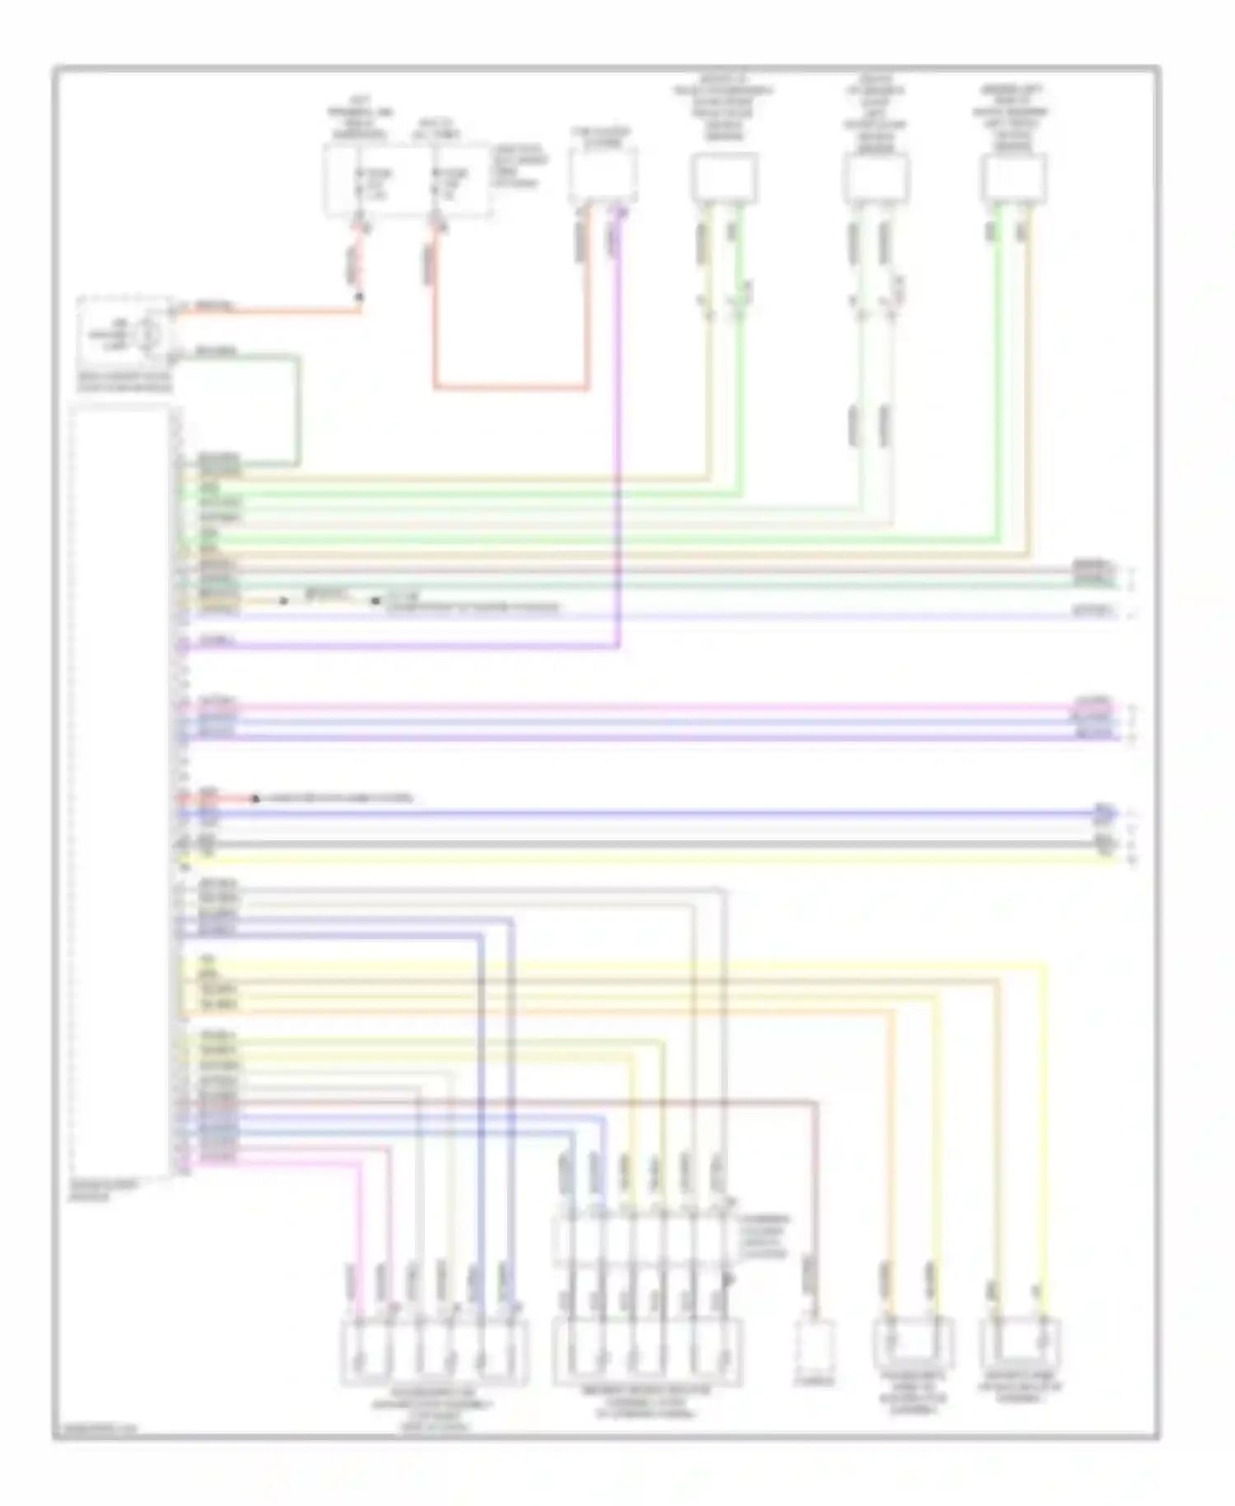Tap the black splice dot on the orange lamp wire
pyautogui.click(x=360, y=296)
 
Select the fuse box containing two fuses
pyautogui.click(x=407, y=181)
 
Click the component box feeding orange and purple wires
pyautogui.click(x=602, y=175)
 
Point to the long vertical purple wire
pyautogui.click(x=618, y=428)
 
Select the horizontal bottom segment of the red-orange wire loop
pyautogui.click(x=510, y=387)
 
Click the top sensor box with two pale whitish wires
pyautogui.click(x=875, y=178)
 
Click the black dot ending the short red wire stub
pyautogui.click(x=255, y=798)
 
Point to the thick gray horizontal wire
pyautogui.click(x=642, y=844)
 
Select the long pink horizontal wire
pyautogui.click(x=642, y=706)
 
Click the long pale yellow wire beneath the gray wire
pyautogui.click(x=642, y=859)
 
